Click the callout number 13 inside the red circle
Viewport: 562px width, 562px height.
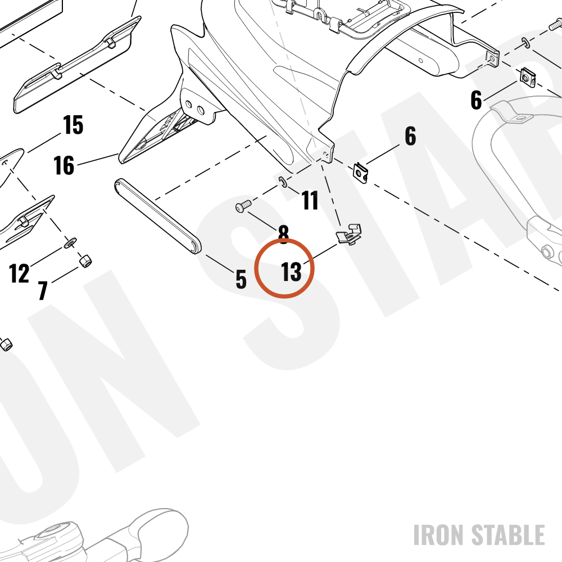pyautogui.click(x=291, y=272)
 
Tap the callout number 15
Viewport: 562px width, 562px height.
pyautogui.click(x=73, y=125)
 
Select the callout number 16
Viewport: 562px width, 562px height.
pyautogui.click(x=64, y=165)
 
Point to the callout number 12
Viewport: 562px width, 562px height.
pyautogui.click(x=19, y=274)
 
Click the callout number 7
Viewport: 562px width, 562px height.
pyautogui.click(x=43, y=291)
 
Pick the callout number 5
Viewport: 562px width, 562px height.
pyautogui.click(x=241, y=279)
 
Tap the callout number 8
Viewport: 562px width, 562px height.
pyautogui.click(x=283, y=234)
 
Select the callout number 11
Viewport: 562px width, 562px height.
pyautogui.click(x=310, y=201)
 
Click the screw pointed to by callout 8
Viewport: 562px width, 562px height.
pyautogui.click(x=243, y=206)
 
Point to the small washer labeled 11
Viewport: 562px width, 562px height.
pyautogui.click(x=283, y=183)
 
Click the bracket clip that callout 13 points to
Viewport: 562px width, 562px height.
pyautogui.click(x=348, y=234)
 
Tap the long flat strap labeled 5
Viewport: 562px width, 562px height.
pyautogui.click(x=158, y=216)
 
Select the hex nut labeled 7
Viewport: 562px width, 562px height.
pyautogui.click(x=85, y=261)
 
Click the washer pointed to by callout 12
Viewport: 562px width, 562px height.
pyautogui.click(x=70, y=243)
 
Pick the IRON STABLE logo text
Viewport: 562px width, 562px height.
pyautogui.click(x=479, y=535)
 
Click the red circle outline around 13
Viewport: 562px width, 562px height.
pyautogui.click(x=284, y=239)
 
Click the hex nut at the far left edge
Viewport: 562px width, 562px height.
pyautogui.click(x=6, y=345)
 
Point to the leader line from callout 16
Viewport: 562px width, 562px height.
pyautogui.click(x=98, y=160)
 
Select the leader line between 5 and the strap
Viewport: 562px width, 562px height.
pyautogui.click(x=220, y=264)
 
